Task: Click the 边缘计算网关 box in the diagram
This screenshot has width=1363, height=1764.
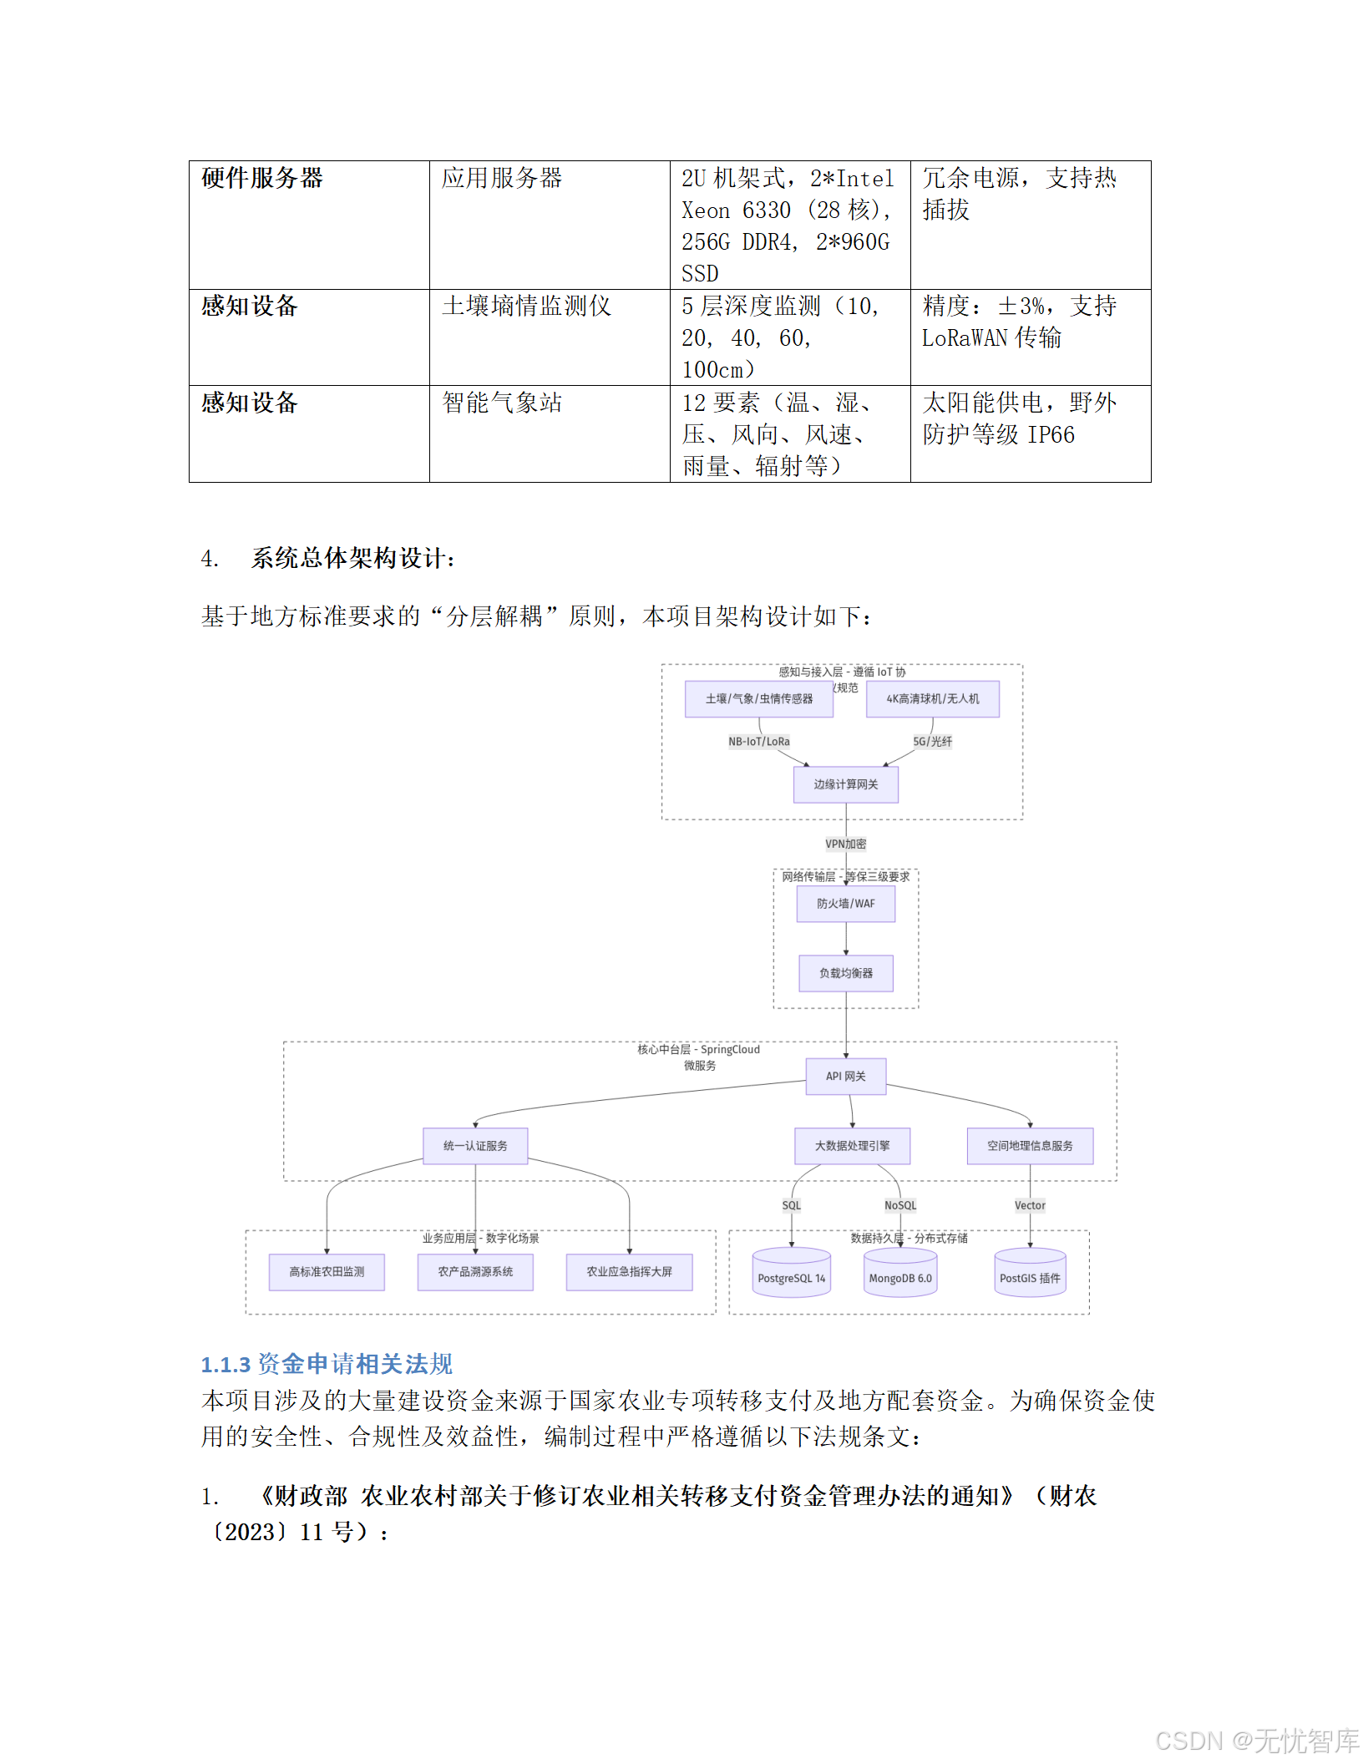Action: pos(845,784)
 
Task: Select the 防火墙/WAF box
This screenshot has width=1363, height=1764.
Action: pos(845,904)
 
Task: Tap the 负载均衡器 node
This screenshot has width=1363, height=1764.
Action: pos(845,973)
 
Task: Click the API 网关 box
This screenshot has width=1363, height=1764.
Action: pos(845,1076)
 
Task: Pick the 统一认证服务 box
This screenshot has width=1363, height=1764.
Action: pos(475,1146)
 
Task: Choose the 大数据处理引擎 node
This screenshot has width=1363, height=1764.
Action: pos(852,1146)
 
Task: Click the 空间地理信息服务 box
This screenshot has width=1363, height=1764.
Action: pos(1030,1146)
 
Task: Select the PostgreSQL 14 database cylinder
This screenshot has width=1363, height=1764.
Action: pos(791,1274)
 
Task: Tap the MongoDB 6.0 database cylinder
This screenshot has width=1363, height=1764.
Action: pos(899,1274)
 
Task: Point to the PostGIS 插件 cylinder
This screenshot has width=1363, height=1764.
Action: pos(1030,1274)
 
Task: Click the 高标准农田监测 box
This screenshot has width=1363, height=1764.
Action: pos(327,1272)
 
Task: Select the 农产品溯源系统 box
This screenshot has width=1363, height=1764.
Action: pos(475,1272)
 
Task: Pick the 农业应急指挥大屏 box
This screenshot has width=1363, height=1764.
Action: pos(629,1272)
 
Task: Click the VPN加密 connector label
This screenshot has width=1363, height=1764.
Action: pos(845,844)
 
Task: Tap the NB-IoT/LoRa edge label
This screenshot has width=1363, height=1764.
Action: pos(758,742)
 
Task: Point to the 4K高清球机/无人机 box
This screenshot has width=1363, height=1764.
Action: pos(932,699)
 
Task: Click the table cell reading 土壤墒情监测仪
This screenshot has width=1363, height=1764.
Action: pos(526,307)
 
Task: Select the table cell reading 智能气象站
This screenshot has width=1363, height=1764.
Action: pos(502,403)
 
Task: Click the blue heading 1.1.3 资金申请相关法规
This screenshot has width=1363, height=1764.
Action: pos(327,1364)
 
